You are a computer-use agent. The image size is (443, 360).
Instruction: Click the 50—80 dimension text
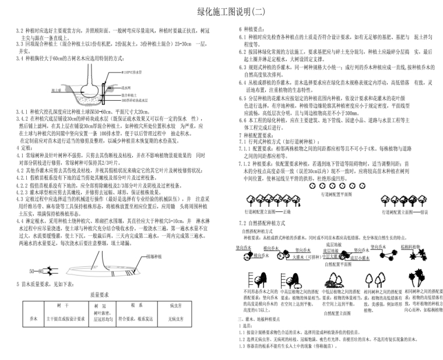coord(36,271)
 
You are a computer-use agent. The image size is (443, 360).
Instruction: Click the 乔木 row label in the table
coord(33,319)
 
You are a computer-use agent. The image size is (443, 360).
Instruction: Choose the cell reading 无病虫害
coord(175,319)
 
